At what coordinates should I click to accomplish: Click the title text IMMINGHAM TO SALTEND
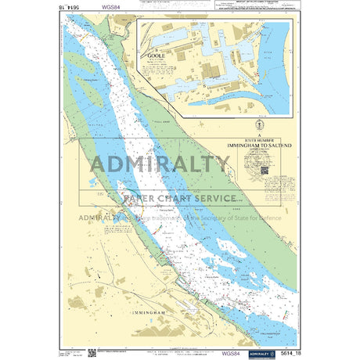coord(258,145)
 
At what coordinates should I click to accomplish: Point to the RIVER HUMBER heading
coord(258,139)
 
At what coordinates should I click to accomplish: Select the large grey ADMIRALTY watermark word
coord(160,165)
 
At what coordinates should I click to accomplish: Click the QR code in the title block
coord(265,170)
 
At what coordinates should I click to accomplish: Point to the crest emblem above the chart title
coord(258,125)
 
